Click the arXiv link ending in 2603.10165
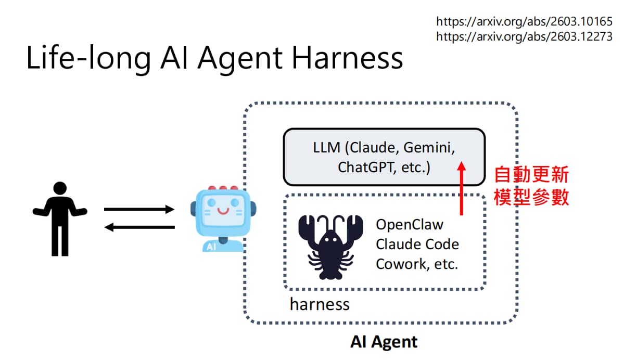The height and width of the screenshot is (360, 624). [524, 21]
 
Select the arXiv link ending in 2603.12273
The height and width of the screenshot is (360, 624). [524, 36]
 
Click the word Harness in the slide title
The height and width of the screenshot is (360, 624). [348, 58]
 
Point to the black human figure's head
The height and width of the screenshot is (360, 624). [60, 188]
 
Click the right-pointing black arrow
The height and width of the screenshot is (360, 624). [139, 209]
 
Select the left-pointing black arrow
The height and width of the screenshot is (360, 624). [139, 227]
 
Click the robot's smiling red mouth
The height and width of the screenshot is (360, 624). [223, 211]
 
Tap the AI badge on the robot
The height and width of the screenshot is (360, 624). [211, 247]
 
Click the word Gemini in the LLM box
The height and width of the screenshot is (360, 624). [429, 148]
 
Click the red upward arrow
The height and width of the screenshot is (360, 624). [462, 188]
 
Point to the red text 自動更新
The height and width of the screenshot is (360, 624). [531, 175]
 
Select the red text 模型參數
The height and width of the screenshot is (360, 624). [531, 197]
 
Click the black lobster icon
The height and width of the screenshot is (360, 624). [330, 247]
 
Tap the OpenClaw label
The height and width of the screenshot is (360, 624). [410, 225]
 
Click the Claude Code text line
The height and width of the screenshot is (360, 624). [417, 244]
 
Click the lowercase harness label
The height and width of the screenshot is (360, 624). [320, 304]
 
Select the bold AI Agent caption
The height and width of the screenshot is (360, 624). [384, 342]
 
